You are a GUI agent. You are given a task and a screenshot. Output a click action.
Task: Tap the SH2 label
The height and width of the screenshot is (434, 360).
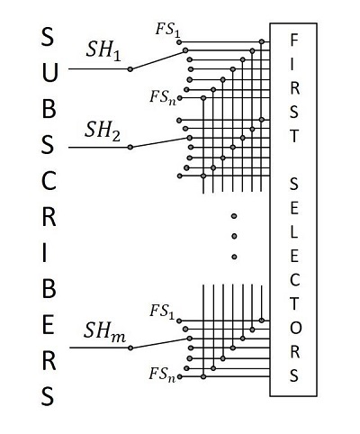(103, 129)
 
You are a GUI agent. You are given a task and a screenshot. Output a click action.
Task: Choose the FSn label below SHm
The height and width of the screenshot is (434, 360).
(165, 372)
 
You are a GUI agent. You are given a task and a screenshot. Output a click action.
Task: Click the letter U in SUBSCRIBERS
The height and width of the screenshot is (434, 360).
(48, 73)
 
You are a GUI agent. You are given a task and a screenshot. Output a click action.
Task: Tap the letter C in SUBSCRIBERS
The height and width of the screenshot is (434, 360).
(48, 180)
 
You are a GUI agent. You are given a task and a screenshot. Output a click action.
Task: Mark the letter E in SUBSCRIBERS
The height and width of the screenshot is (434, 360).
(48, 323)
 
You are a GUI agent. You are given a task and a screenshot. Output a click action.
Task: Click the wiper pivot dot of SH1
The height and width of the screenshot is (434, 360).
(130, 68)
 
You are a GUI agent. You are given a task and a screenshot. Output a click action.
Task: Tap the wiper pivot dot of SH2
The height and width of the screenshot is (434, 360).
(130, 145)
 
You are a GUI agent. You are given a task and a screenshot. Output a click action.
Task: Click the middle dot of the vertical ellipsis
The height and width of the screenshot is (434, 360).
(233, 236)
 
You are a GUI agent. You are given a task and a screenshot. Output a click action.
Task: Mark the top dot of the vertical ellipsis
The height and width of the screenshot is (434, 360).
(233, 216)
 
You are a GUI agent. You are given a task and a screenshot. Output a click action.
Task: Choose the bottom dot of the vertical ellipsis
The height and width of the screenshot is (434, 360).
(233, 257)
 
